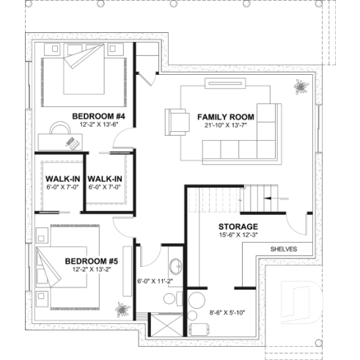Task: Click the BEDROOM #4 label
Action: (99, 116)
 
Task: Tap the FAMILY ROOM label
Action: (225, 117)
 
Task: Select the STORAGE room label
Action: (238, 226)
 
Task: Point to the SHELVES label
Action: (284, 249)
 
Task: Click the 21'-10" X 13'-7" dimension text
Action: (225, 126)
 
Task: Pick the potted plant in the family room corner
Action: (301, 87)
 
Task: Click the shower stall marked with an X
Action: (162, 325)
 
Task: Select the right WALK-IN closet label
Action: (103, 178)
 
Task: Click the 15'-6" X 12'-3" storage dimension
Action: (238, 235)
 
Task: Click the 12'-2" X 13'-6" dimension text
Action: (99, 125)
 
